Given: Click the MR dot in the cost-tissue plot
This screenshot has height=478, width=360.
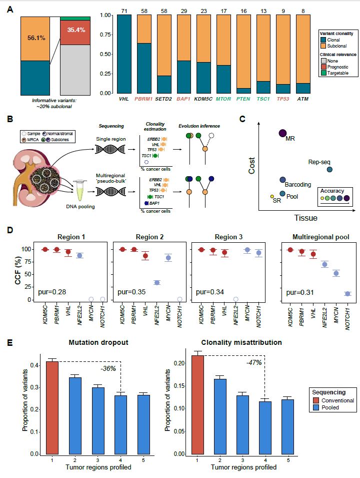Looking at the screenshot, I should coord(282,133).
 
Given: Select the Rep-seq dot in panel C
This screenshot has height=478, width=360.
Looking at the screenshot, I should coord(329,170).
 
